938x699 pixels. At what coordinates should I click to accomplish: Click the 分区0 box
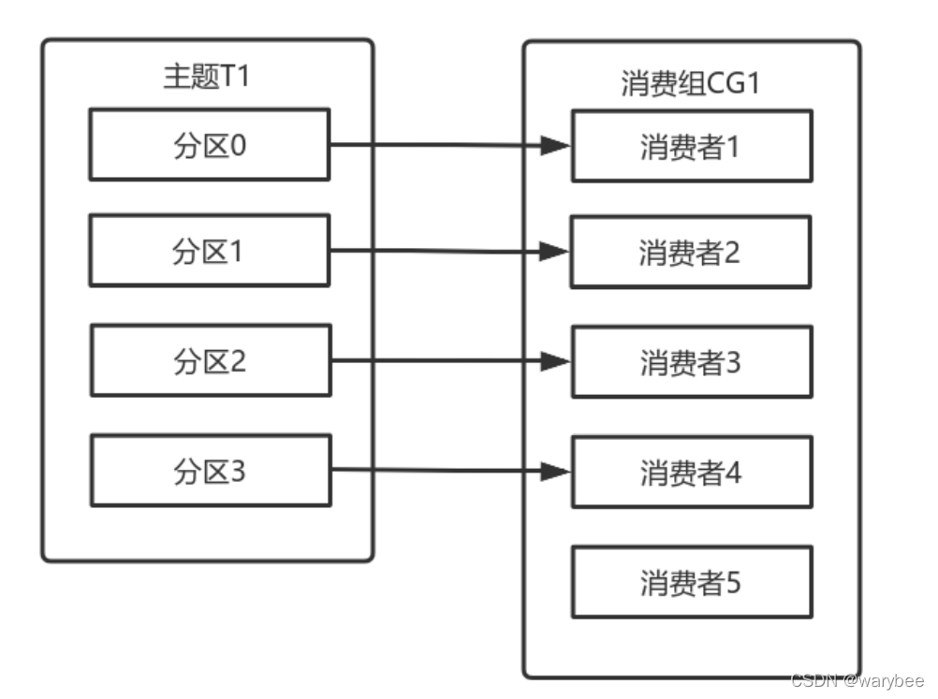[x=210, y=144]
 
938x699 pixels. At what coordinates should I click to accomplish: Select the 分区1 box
[x=210, y=251]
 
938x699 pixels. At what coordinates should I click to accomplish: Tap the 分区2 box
[x=210, y=360]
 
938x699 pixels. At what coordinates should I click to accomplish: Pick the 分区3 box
[x=210, y=471]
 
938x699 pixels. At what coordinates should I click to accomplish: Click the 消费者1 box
[x=692, y=146]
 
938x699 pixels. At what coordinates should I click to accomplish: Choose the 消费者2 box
[x=692, y=253]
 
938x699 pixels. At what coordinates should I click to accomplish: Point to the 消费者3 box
[x=692, y=361]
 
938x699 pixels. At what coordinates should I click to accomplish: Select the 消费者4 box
[x=692, y=472]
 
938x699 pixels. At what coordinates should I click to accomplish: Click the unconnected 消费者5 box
[x=692, y=582]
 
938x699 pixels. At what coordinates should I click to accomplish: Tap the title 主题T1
[x=207, y=78]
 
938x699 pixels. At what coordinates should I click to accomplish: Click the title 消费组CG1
[x=690, y=83]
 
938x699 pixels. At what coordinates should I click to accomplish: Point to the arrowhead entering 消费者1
[x=558, y=146]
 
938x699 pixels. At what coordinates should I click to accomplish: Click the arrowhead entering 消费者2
[x=558, y=252]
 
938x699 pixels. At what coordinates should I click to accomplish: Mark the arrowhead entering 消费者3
[x=558, y=361]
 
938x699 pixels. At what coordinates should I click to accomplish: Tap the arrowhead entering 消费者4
[x=558, y=472]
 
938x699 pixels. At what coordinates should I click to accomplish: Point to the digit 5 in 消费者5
[x=733, y=582]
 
